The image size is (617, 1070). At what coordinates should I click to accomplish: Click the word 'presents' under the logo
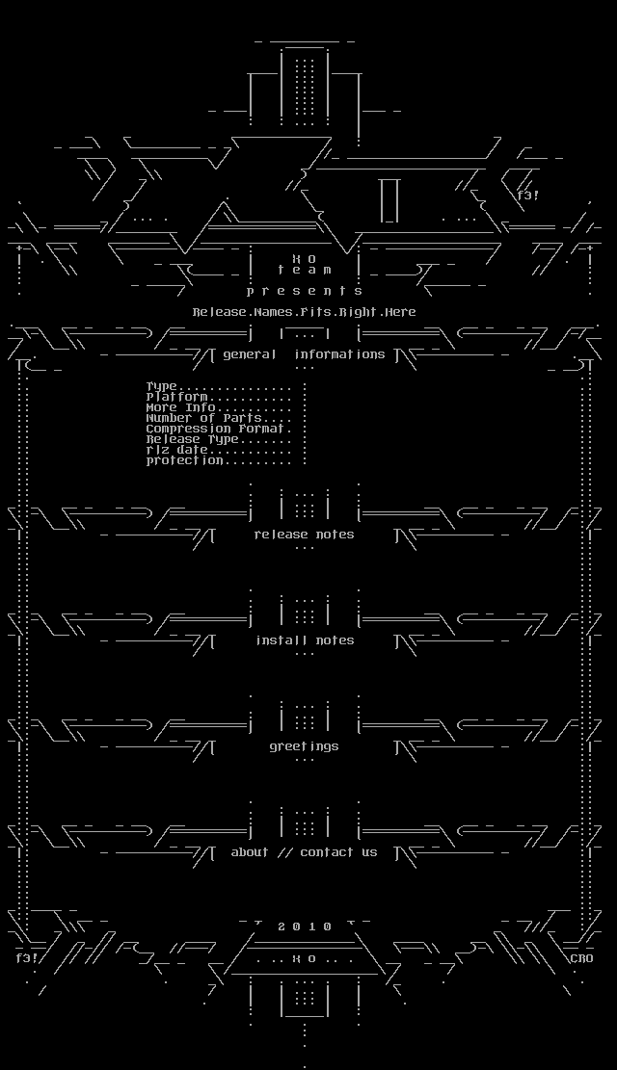[x=305, y=291]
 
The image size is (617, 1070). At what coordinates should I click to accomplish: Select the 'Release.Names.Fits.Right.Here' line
[x=305, y=312]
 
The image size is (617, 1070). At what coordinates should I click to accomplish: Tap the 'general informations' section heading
[x=305, y=354]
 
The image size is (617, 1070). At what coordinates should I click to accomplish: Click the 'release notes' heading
[x=305, y=535]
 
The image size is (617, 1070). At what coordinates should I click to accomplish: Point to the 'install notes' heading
[x=305, y=640]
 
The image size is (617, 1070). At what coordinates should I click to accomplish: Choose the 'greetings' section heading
[x=305, y=746]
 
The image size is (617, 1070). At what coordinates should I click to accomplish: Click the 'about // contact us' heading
[x=305, y=852]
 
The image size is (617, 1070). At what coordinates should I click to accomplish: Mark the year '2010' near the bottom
[x=305, y=926]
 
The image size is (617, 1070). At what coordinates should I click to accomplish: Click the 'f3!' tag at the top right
[x=528, y=196]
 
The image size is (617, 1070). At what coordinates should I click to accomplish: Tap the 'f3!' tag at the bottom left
[x=26, y=958]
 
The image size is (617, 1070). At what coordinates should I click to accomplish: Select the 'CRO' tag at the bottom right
[x=581, y=958]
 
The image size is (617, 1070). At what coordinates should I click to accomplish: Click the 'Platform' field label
[x=177, y=397]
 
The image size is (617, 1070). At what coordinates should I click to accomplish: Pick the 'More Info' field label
[x=180, y=407]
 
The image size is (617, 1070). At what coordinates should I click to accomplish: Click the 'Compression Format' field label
[x=217, y=429]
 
